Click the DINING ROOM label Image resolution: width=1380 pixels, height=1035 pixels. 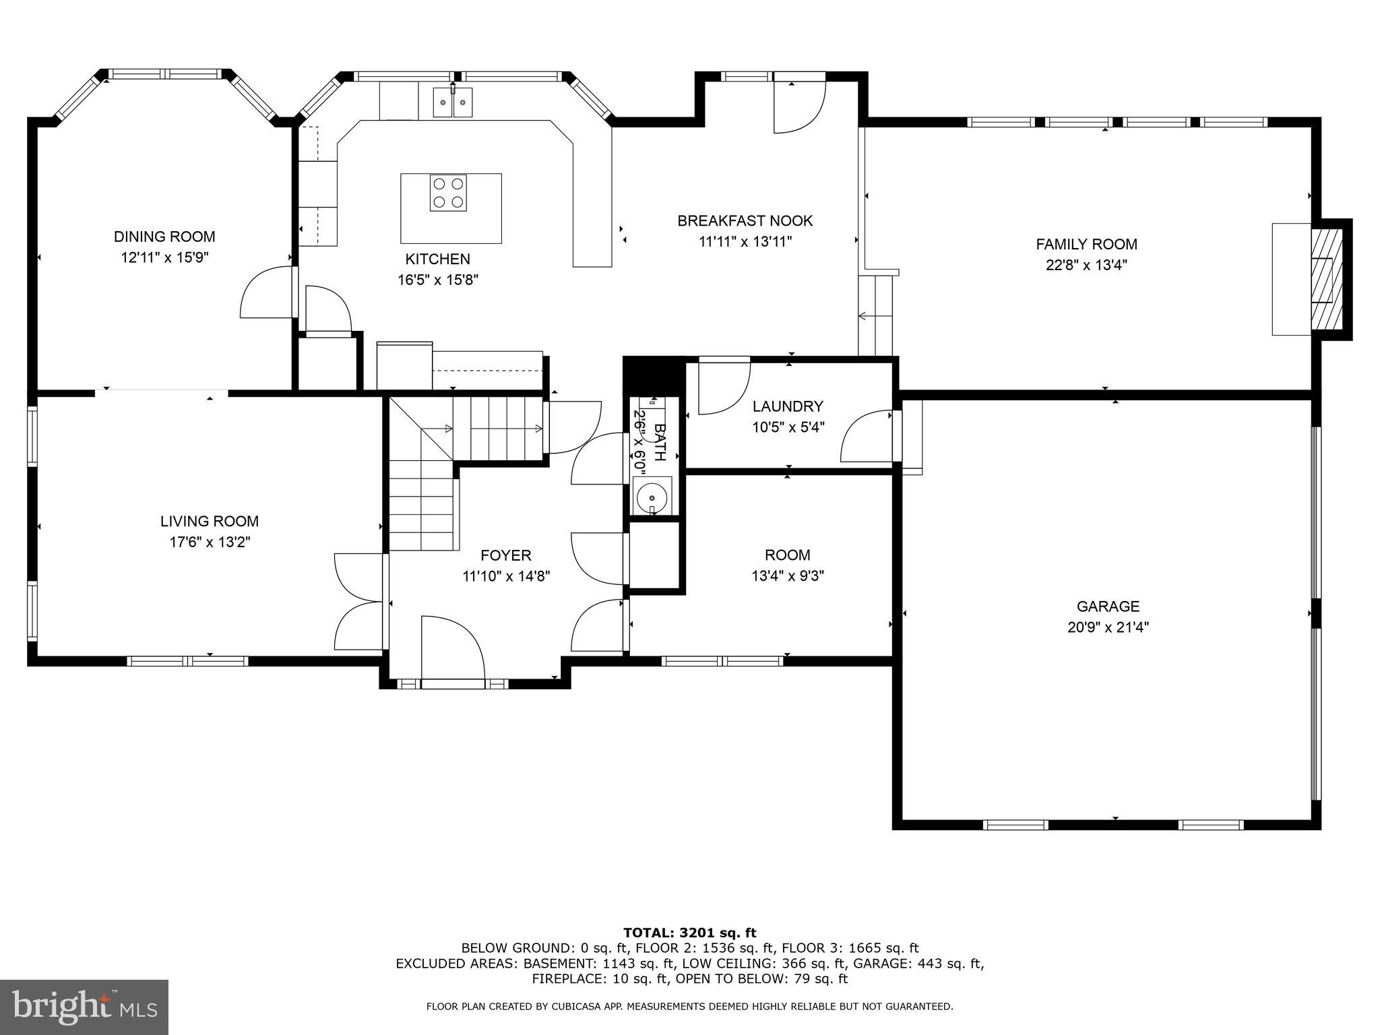pyautogui.click(x=164, y=237)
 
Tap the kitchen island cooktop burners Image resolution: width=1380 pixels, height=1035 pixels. pyautogui.click(x=448, y=193)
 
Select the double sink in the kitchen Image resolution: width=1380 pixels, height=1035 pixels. pyautogui.click(x=452, y=102)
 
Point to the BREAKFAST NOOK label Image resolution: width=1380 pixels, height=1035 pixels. pyautogui.click(x=745, y=220)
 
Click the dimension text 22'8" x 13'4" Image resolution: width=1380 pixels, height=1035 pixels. pyautogui.click(x=1086, y=265)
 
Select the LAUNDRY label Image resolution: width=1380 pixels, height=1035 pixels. pyautogui.click(x=788, y=406)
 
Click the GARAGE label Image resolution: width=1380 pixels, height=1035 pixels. pyautogui.click(x=1108, y=606)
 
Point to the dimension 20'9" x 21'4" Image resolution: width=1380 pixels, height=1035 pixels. pyautogui.click(x=1108, y=627)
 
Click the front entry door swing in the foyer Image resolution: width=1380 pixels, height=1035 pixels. pyautogui.click(x=452, y=648)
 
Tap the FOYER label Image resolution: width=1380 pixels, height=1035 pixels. pyautogui.click(x=505, y=555)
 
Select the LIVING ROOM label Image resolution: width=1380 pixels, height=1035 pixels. pyautogui.click(x=209, y=521)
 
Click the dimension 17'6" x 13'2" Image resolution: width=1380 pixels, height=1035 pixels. pyautogui.click(x=210, y=542)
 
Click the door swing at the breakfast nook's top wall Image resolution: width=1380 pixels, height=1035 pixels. pyautogui.click(x=798, y=106)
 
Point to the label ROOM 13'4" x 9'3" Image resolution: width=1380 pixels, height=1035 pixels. pyautogui.click(x=787, y=565)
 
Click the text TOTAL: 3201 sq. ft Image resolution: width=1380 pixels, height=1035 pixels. pyautogui.click(x=689, y=933)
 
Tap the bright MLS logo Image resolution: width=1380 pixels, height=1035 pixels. pyautogui.click(x=84, y=1007)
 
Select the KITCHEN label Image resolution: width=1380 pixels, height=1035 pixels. pyautogui.click(x=437, y=259)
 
